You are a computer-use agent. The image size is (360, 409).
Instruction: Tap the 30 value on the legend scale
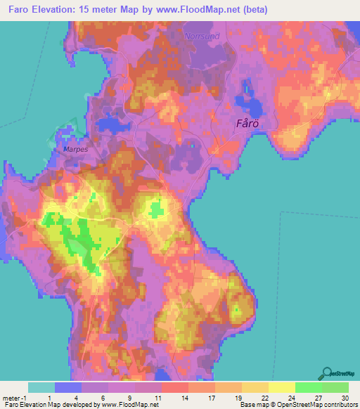click(x=344, y=398)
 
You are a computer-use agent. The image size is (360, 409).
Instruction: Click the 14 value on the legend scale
click(x=175, y=398)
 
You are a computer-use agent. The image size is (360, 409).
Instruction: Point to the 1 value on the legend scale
click(x=68, y=398)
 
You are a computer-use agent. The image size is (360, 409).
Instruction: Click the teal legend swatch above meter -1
click(x=41, y=387)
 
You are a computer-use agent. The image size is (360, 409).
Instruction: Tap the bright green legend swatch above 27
click(x=309, y=387)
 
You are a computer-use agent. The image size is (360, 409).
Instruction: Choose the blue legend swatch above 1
click(x=68, y=387)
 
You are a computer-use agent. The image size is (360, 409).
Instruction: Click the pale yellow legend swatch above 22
click(x=255, y=387)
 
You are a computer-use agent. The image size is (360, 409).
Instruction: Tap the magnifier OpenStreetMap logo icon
click(x=326, y=372)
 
